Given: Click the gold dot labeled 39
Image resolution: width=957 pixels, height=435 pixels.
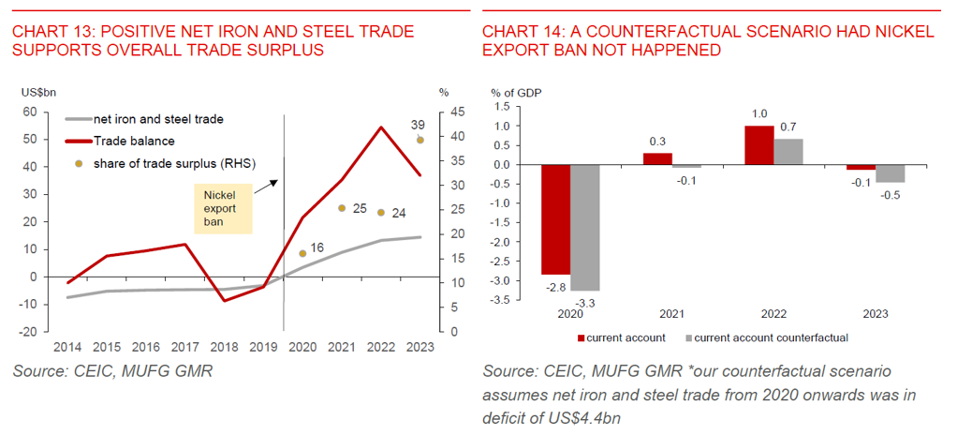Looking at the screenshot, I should tap(420, 141).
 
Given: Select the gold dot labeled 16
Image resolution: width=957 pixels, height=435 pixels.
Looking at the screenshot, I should tap(302, 253).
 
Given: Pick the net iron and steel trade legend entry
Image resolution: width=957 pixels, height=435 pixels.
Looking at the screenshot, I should tap(144, 119).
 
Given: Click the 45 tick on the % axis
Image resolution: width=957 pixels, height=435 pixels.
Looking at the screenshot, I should tap(445, 112).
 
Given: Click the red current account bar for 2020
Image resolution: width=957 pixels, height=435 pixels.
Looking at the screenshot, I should tap(556, 219).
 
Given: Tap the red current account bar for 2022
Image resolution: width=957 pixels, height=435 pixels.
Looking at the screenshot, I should tap(758, 145).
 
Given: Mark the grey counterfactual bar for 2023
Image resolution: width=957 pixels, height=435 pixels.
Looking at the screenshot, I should tap(890, 173).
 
